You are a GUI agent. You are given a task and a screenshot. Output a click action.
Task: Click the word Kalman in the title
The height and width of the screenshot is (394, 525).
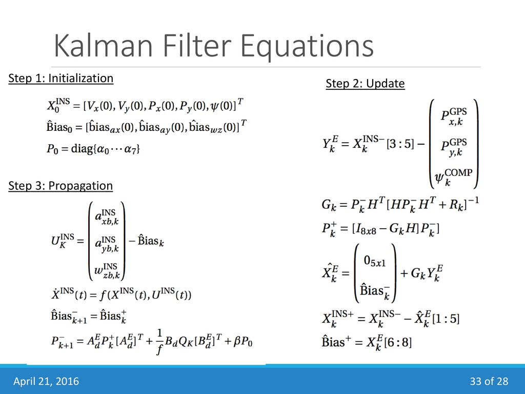pos(103,46)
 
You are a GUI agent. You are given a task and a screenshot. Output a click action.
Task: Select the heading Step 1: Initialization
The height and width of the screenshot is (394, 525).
pos(60,78)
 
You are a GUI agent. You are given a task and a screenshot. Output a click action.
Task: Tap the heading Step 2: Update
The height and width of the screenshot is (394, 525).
pos(365,84)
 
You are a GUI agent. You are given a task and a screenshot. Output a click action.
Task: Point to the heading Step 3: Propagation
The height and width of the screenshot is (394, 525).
pos(60,186)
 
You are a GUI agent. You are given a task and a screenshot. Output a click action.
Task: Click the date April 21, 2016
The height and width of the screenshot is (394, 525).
pos(46,381)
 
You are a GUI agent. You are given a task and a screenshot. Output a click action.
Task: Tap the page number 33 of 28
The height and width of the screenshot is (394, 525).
pos(489,381)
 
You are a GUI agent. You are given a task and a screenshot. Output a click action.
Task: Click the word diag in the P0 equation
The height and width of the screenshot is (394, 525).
pos(82,148)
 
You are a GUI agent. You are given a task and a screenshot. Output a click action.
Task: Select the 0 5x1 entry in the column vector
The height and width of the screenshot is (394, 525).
pos(375,261)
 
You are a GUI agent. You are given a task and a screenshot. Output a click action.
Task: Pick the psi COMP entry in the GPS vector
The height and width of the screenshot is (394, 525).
pos(453,177)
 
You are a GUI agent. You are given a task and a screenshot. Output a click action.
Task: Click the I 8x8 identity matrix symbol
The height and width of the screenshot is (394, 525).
pos(366,229)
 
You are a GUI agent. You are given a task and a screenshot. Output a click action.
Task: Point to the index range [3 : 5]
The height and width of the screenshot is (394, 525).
pos(400,144)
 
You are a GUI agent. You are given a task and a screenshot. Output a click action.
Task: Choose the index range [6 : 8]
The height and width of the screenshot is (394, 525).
pos(398,342)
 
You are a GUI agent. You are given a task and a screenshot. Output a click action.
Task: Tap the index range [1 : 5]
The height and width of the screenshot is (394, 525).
pos(446,318)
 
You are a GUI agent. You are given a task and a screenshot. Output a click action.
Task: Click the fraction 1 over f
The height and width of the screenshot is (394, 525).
pos(160,341)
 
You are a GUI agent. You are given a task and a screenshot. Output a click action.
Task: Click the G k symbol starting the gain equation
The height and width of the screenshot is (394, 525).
pos(329,204)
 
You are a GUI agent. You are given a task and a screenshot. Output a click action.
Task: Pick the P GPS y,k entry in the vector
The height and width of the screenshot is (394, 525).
pos(454,147)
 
